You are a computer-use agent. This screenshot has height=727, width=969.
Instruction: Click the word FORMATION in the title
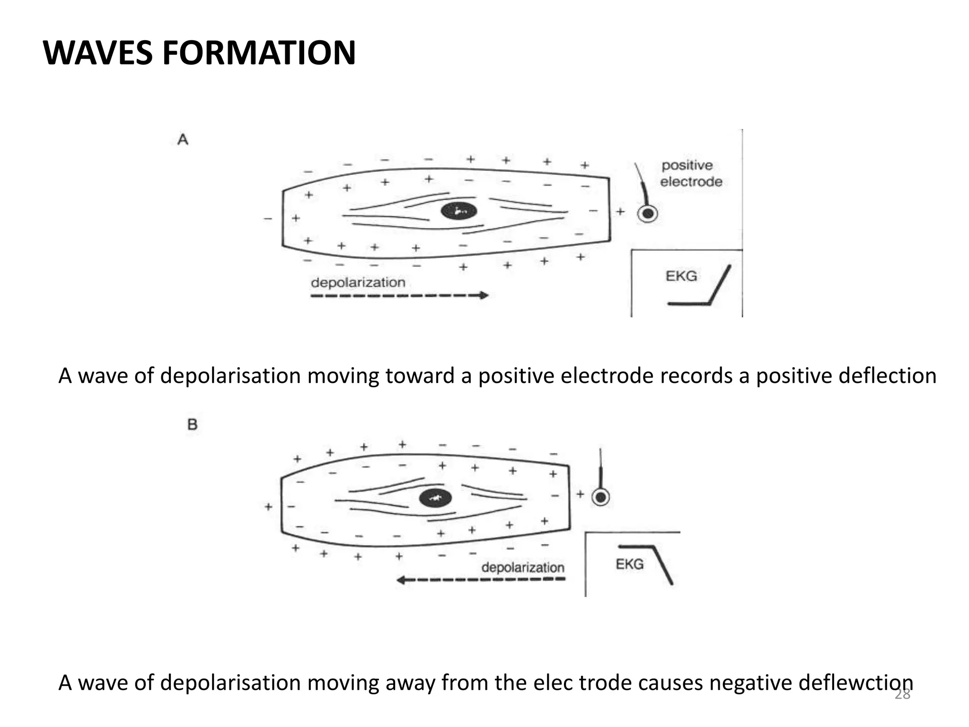click(x=259, y=53)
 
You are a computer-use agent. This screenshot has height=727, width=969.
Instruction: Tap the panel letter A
click(x=183, y=140)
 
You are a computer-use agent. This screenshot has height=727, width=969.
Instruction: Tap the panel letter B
click(x=192, y=424)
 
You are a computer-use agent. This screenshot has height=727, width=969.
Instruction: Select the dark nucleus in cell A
click(x=458, y=211)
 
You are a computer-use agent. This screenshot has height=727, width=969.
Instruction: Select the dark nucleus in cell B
click(x=436, y=498)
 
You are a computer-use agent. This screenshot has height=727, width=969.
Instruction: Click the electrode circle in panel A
click(x=648, y=214)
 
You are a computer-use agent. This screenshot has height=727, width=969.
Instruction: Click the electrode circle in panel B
click(x=601, y=497)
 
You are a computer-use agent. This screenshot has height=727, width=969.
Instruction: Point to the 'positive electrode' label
click(x=690, y=173)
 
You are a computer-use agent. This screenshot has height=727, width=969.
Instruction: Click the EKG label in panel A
click(x=681, y=276)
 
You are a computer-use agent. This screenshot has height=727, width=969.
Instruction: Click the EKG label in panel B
click(x=629, y=564)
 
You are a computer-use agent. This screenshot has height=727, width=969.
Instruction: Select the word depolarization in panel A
click(x=358, y=283)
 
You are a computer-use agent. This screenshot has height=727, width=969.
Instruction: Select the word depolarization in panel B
click(x=522, y=567)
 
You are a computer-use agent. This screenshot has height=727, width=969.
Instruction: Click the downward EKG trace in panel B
click(x=662, y=565)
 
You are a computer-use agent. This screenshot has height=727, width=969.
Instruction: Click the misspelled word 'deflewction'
click(x=855, y=683)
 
